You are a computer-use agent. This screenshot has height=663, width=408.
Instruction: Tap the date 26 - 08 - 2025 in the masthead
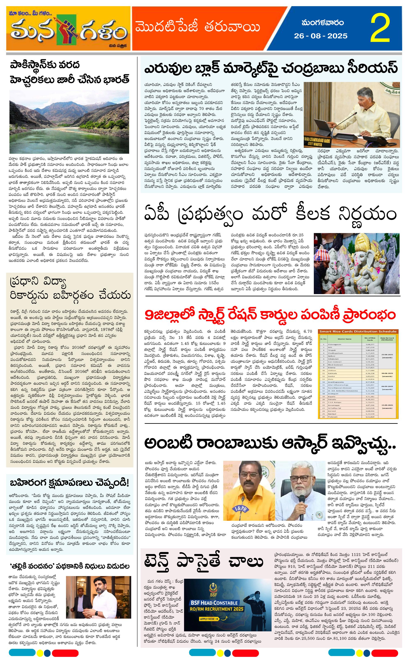click(321, 36)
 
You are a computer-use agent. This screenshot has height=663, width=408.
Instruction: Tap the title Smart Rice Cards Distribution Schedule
click(358, 331)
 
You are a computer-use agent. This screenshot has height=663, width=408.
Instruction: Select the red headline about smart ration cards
click(270, 315)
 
